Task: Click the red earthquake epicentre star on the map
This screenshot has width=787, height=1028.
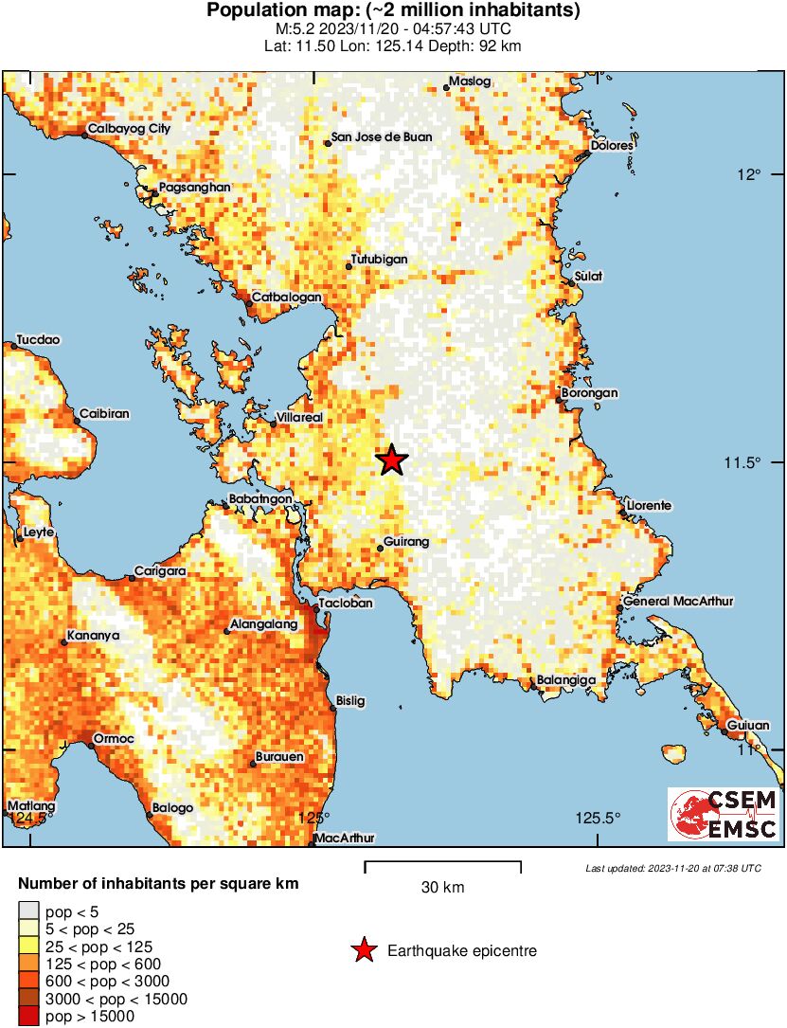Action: (392, 460)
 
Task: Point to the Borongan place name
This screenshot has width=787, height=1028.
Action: (590, 392)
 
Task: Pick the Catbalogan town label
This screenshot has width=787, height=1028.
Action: (286, 297)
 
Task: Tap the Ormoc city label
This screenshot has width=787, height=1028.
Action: (113, 738)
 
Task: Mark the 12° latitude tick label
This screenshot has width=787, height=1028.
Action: (751, 175)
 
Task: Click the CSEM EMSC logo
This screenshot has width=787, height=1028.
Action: (724, 815)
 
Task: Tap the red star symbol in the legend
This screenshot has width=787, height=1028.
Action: (363, 950)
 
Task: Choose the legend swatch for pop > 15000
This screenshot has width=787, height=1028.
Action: (28, 1017)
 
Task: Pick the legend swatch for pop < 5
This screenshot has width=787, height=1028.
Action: (28, 912)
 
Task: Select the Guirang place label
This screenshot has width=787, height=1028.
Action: (408, 542)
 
